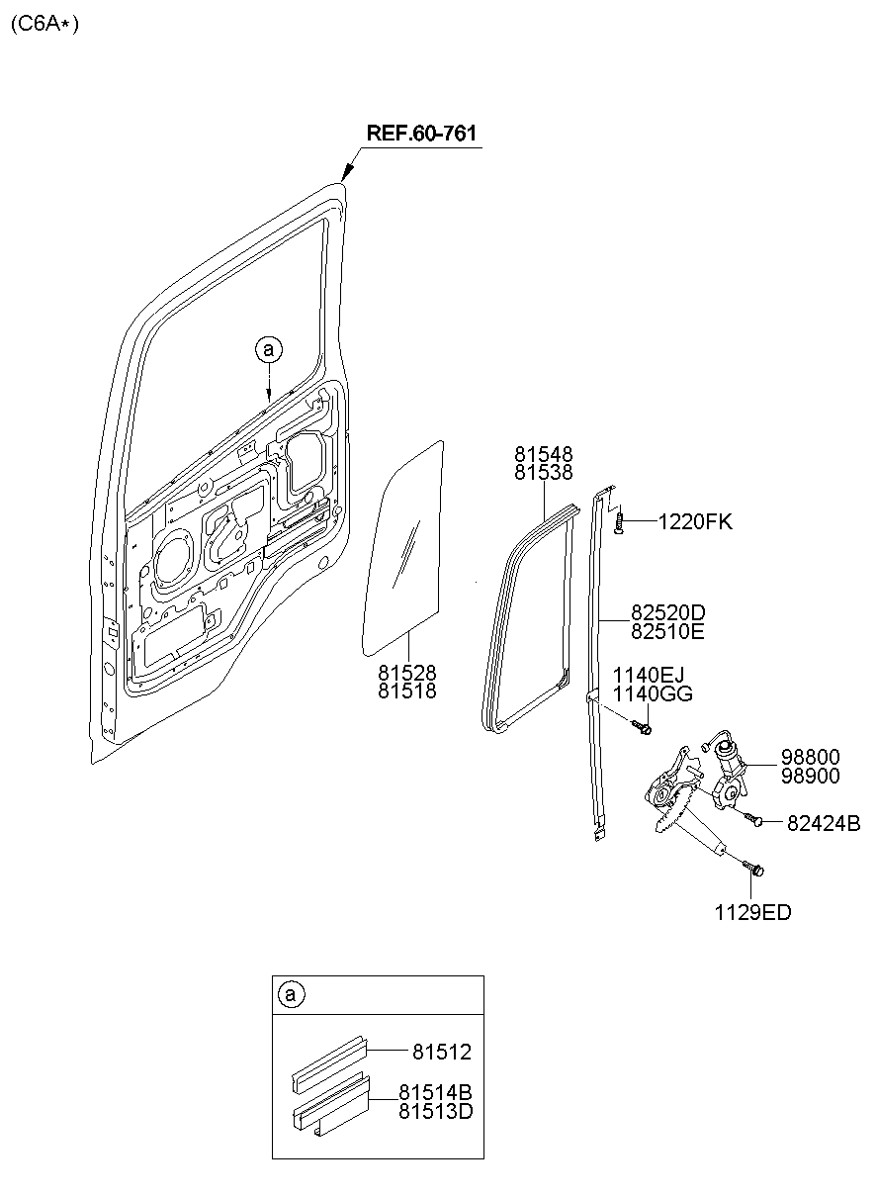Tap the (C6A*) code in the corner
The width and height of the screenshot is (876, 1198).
tap(44, 24)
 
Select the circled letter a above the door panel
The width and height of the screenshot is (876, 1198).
tap(268, 348)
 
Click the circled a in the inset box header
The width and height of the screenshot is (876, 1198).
tap(289, 995)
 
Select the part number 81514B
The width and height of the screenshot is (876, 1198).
tap(435, 1093)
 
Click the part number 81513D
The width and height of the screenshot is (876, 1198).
tap(435, 1111)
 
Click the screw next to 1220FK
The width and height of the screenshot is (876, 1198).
tap(618, 522)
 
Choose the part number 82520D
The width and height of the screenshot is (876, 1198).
tap(667, 611)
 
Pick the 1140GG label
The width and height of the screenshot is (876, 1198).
tap(652, 694)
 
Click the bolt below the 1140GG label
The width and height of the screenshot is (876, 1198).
tap(644, 728)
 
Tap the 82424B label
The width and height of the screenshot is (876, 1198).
tap(824, 823)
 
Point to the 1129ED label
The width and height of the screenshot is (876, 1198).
tap(752, 913)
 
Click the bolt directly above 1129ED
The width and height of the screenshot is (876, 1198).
tap(756, 870)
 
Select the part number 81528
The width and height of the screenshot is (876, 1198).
tap(406, 673)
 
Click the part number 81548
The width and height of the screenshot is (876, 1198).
tap(543, 454)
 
